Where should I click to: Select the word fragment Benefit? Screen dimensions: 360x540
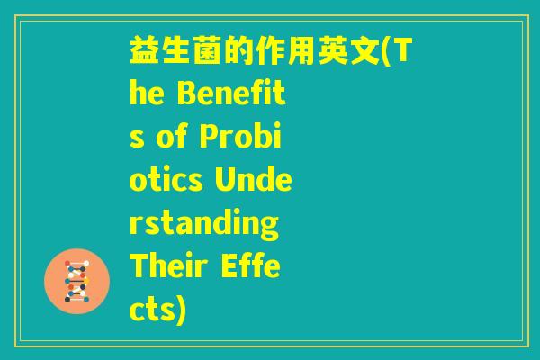(x=241, y=94)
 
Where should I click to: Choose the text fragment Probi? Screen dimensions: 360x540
(x=247, y=135)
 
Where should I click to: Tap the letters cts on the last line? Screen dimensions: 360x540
(x=150, y=305)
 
